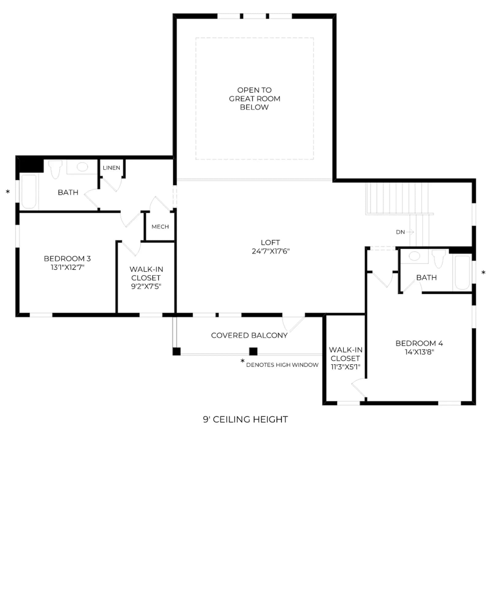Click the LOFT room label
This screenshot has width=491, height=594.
(270, 242)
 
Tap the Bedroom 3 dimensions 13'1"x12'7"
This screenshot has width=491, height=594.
(68, 267)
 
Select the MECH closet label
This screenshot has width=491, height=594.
(160, 227)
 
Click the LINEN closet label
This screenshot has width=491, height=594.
(111, 168)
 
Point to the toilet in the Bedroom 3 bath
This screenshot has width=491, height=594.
(55, 169)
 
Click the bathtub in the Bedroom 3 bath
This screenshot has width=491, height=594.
(29, 192)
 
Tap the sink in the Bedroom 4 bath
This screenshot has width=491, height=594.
(415, 256)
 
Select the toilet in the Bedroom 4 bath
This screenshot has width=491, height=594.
(439, 258)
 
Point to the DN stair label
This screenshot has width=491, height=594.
(400, 232)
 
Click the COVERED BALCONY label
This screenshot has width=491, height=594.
(249, 335)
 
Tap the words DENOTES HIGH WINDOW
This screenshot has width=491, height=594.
(282, 365)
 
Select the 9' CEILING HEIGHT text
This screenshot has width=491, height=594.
(245, 420)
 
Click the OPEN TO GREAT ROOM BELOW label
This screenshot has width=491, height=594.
(254, 99)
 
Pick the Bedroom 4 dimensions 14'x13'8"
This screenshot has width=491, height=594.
(419, 352)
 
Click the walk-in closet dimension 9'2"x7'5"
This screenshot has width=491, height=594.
(146, 286)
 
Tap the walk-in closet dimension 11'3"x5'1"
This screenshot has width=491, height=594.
(346, 367)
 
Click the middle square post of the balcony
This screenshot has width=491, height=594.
(253, 351)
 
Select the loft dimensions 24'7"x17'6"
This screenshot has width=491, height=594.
(270, 251)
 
